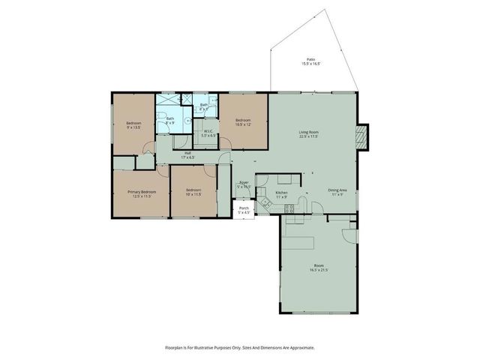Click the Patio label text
coord(310,58)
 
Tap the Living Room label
coord(309,132)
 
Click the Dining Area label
coord(337,190)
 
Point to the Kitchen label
coord(281,193)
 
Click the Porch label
coord(244,208)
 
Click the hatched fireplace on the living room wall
coord(363,136)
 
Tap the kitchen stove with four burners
coord(289,210)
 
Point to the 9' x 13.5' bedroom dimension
coord(133,127)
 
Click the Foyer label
coord(244,182)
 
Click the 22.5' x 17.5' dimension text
coord(309,137)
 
